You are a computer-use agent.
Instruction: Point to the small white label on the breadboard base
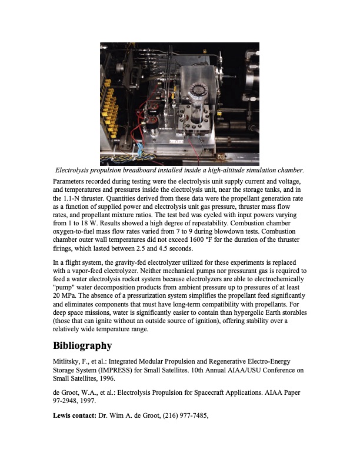coord(176,142)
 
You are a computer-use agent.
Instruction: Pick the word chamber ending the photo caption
coord(289,170)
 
